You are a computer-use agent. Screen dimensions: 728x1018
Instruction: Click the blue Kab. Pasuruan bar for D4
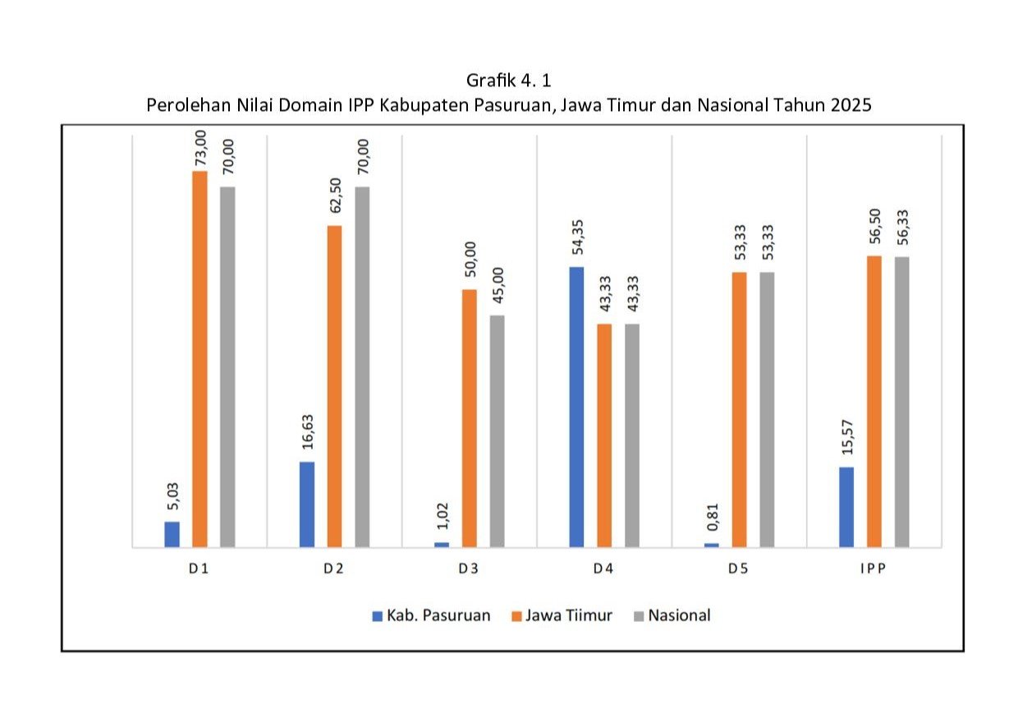pos(576,407)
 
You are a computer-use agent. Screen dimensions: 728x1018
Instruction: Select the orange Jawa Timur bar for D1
pos(199,359)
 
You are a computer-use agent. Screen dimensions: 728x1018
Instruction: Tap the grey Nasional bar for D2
pos(362,366)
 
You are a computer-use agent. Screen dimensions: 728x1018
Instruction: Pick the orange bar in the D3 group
pos(469,417)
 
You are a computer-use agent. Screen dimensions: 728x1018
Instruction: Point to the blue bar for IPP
pos(846,507)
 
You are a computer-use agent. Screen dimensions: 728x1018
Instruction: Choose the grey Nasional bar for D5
pos(767,409)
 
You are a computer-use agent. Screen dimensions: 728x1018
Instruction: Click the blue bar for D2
pos(306,504)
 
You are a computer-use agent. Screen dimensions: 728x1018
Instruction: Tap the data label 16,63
pos(306,435)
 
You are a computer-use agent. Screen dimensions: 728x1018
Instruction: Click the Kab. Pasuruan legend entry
pos(432,615)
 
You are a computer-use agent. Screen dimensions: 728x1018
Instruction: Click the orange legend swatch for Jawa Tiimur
pos(516,615)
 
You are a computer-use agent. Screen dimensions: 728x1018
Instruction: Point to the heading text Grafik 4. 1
pos(508,81)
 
